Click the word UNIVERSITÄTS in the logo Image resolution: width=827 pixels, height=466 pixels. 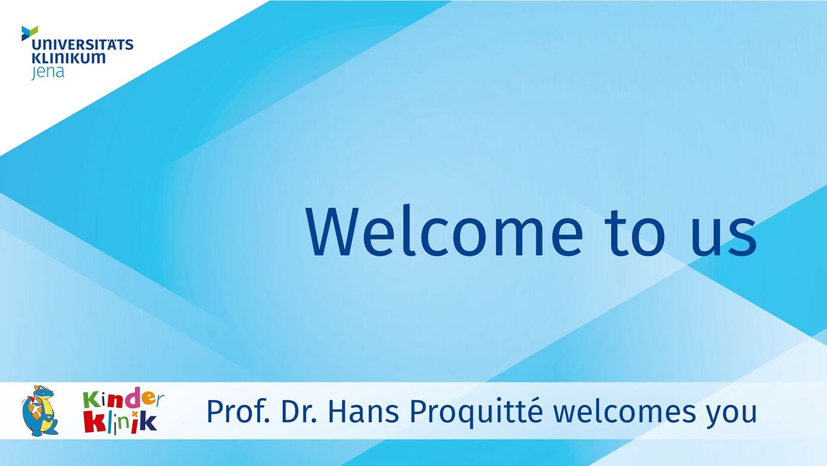point(82,44)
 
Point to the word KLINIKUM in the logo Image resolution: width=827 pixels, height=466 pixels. point(68,58)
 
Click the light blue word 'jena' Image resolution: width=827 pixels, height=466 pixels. point(48,72)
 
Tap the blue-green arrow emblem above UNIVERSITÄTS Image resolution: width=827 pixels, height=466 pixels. point(30,33)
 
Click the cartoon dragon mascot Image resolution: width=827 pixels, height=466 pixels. point(40,411)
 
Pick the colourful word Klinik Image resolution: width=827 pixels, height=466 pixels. point(120,422)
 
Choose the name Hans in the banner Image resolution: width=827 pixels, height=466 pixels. point(363,411)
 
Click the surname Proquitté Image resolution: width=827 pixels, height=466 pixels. point(476,412)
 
